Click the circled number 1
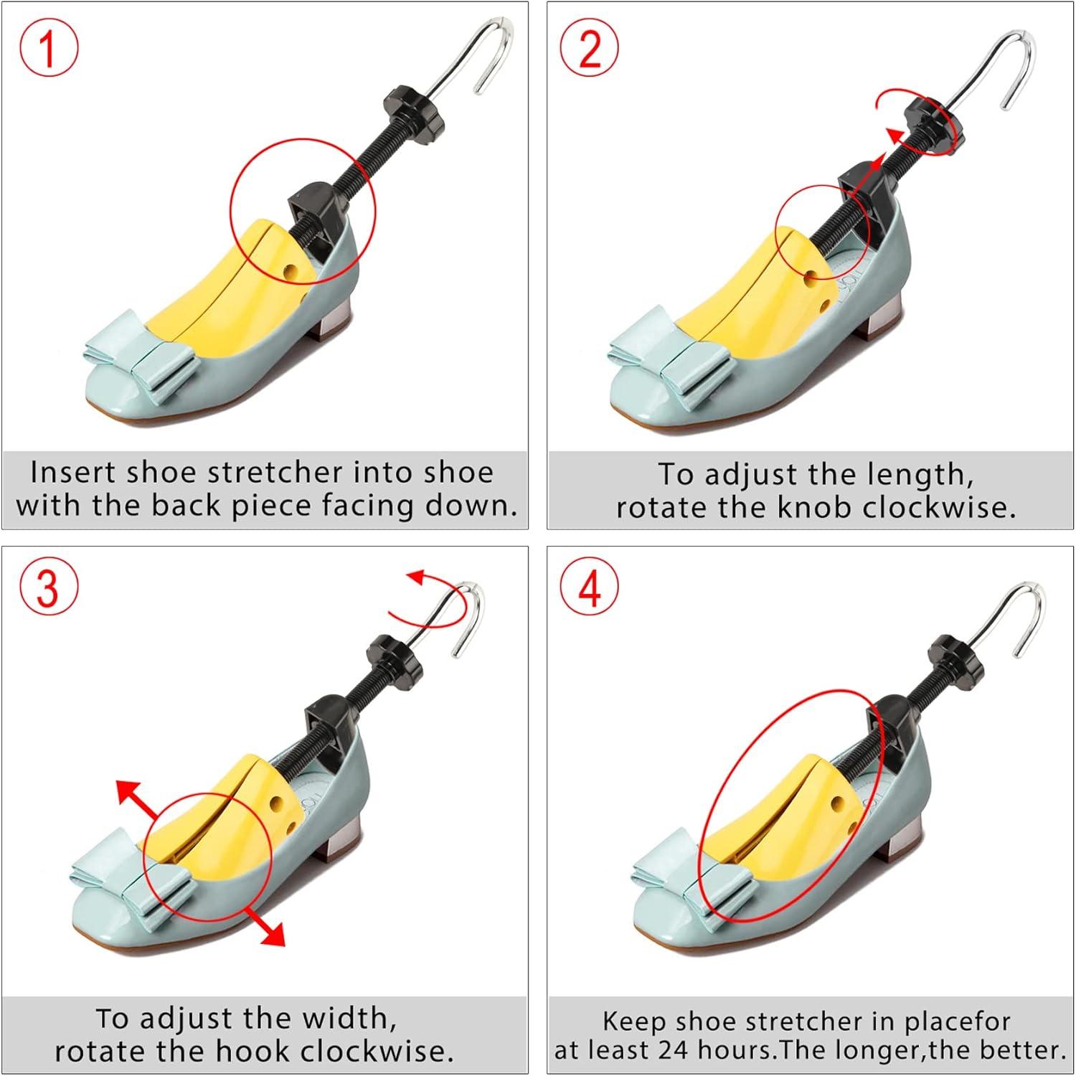49,48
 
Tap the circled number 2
590,48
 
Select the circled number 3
49,587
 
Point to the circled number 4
590,587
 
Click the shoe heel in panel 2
884,324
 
